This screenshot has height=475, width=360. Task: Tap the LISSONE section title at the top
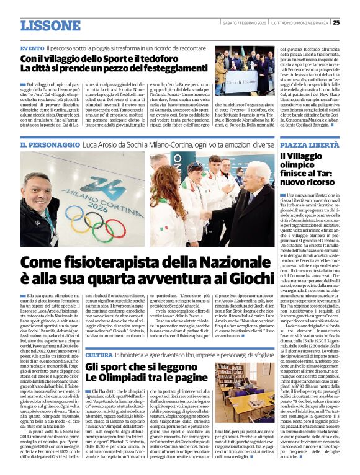point(50,25)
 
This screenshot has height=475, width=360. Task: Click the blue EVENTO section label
point(32,48)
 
